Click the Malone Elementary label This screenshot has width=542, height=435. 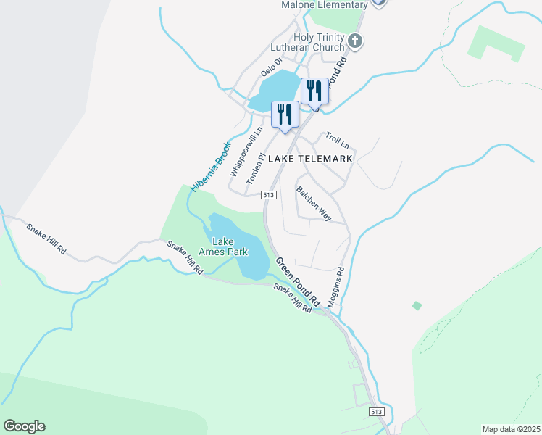point(324,5)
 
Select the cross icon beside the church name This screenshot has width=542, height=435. point(354,41)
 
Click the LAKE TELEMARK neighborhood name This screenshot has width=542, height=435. point(310,158)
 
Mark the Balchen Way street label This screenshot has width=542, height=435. point(314,203)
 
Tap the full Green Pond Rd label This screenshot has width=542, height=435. point(297,279)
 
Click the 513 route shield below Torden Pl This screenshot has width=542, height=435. point(269,194)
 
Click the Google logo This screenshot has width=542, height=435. point(24,426)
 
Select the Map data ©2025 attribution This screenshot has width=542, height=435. point(511,429)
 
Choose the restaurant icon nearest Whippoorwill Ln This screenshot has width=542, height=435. point(284,115)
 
